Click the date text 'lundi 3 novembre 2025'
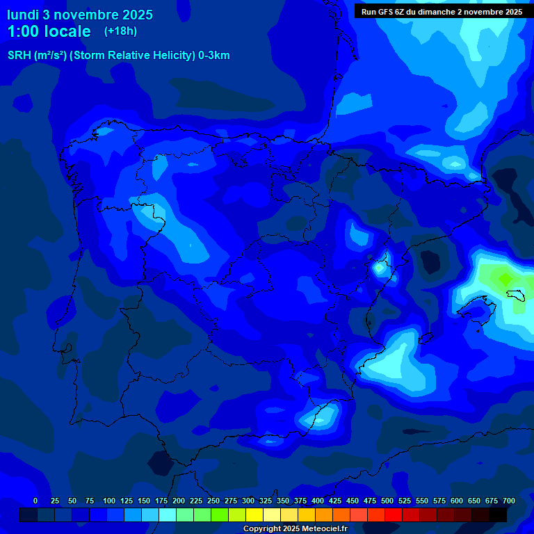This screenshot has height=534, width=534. click(x=80, y=15)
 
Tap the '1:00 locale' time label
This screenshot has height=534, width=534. click(x=49, y=31)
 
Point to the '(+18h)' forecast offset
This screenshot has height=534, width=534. click(x=121, y=31)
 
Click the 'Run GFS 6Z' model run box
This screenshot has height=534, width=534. click(x=442, y=12)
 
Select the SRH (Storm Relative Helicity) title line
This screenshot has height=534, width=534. click(x=118, y=56)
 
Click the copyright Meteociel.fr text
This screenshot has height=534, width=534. click(x=295, y=528)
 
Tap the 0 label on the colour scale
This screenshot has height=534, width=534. click(x=35, y=501)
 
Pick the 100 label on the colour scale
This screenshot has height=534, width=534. click(x=108, y=501)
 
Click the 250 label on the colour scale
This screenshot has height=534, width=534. click(x=213, y=501)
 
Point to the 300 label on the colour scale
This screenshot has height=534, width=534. click(x=248, y=501)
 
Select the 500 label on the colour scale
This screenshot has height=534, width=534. click(x=387, y=501)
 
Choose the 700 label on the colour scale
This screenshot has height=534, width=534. click(x=508, y=501)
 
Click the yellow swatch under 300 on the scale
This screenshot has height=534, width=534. click(x=254, y=515)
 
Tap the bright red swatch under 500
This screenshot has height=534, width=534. click(x=394, y=515)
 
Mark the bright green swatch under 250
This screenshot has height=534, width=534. click(x=220, y=515)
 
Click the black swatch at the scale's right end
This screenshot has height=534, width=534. click(x=498, y=515)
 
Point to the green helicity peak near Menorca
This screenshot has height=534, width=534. click(x=504, y=278)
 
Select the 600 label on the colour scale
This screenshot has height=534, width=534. click(x=456, y=501)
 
